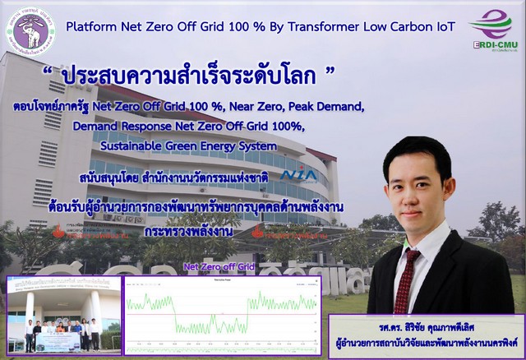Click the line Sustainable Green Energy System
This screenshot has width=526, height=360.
pos(188,145)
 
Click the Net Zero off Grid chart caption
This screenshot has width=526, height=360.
pos(220,267)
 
